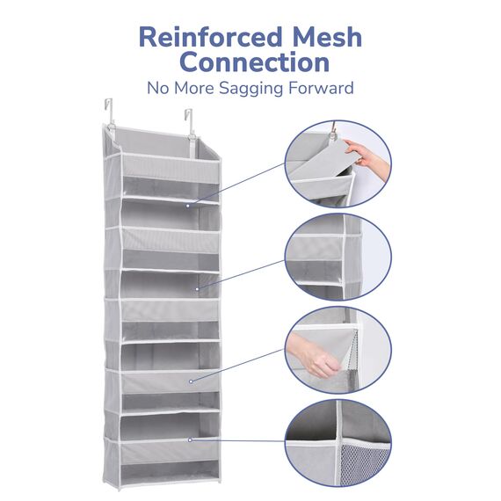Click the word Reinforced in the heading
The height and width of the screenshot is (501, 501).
tap(211, 37)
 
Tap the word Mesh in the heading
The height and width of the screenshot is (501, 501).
tap(327, 37)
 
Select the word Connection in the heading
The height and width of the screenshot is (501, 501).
tap(254, 62)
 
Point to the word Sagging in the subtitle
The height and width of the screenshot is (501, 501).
tap(251, 89)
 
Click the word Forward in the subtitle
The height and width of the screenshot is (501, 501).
tap(321, 88)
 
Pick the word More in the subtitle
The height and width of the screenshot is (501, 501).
tap(194, 88)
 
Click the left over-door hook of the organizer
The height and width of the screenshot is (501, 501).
tap(109, 113)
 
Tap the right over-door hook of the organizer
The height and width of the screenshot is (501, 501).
tap(190, 124)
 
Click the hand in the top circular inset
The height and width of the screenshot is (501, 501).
tap(367, 156)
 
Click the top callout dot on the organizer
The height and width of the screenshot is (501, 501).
tap(188, 206)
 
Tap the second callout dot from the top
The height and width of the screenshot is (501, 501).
tap(197, 289)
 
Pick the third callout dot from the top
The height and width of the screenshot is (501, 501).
tap(191, 381)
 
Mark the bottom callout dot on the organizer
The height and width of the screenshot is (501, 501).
tap(190, 440)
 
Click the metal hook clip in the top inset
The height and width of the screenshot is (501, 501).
tap(333, 132)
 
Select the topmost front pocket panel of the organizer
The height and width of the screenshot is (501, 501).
tap(171, 169)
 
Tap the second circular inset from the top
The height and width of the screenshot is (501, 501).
tap(338, 258)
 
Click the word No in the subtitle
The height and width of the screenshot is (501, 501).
tap(158, 88)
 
